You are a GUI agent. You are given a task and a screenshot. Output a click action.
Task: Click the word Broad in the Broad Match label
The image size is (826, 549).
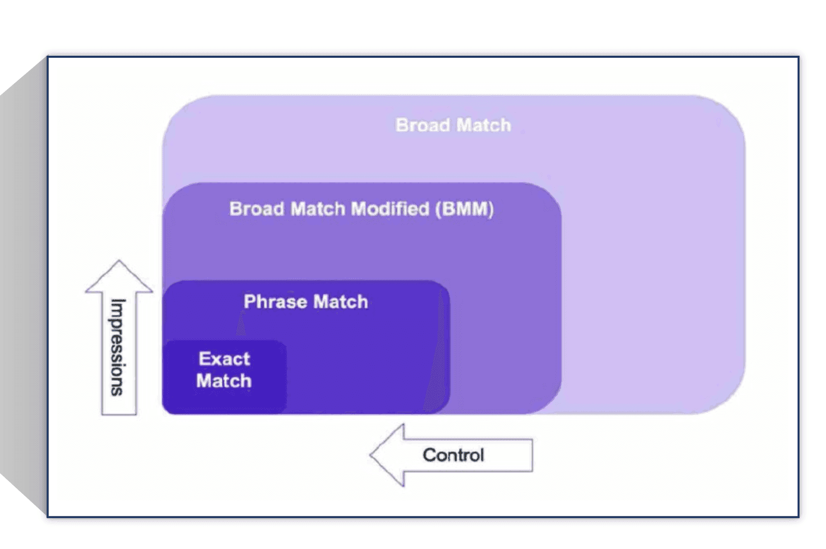click(422, 125)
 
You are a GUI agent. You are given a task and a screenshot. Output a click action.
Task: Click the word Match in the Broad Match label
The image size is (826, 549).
click(483, 125)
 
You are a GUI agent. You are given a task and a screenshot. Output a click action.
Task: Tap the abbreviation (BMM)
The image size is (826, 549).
click(465, 209)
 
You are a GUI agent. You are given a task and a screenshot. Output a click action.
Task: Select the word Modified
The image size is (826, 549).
click(390, 209)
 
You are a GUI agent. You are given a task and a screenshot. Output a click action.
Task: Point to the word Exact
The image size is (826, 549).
click(224, 359)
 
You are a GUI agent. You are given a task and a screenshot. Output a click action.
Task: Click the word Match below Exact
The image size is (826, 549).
click(224, 381)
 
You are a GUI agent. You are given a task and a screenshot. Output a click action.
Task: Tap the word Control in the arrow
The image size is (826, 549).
click(453, 455)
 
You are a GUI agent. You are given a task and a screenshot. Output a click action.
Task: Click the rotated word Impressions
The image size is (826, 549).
click(118, 347)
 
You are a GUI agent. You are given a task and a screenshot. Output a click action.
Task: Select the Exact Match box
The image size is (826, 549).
click(224, 377)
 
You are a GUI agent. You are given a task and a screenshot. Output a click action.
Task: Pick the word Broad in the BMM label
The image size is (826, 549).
click(257, 209)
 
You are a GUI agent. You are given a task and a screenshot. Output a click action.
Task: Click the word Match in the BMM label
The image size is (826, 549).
click(318, 209)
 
